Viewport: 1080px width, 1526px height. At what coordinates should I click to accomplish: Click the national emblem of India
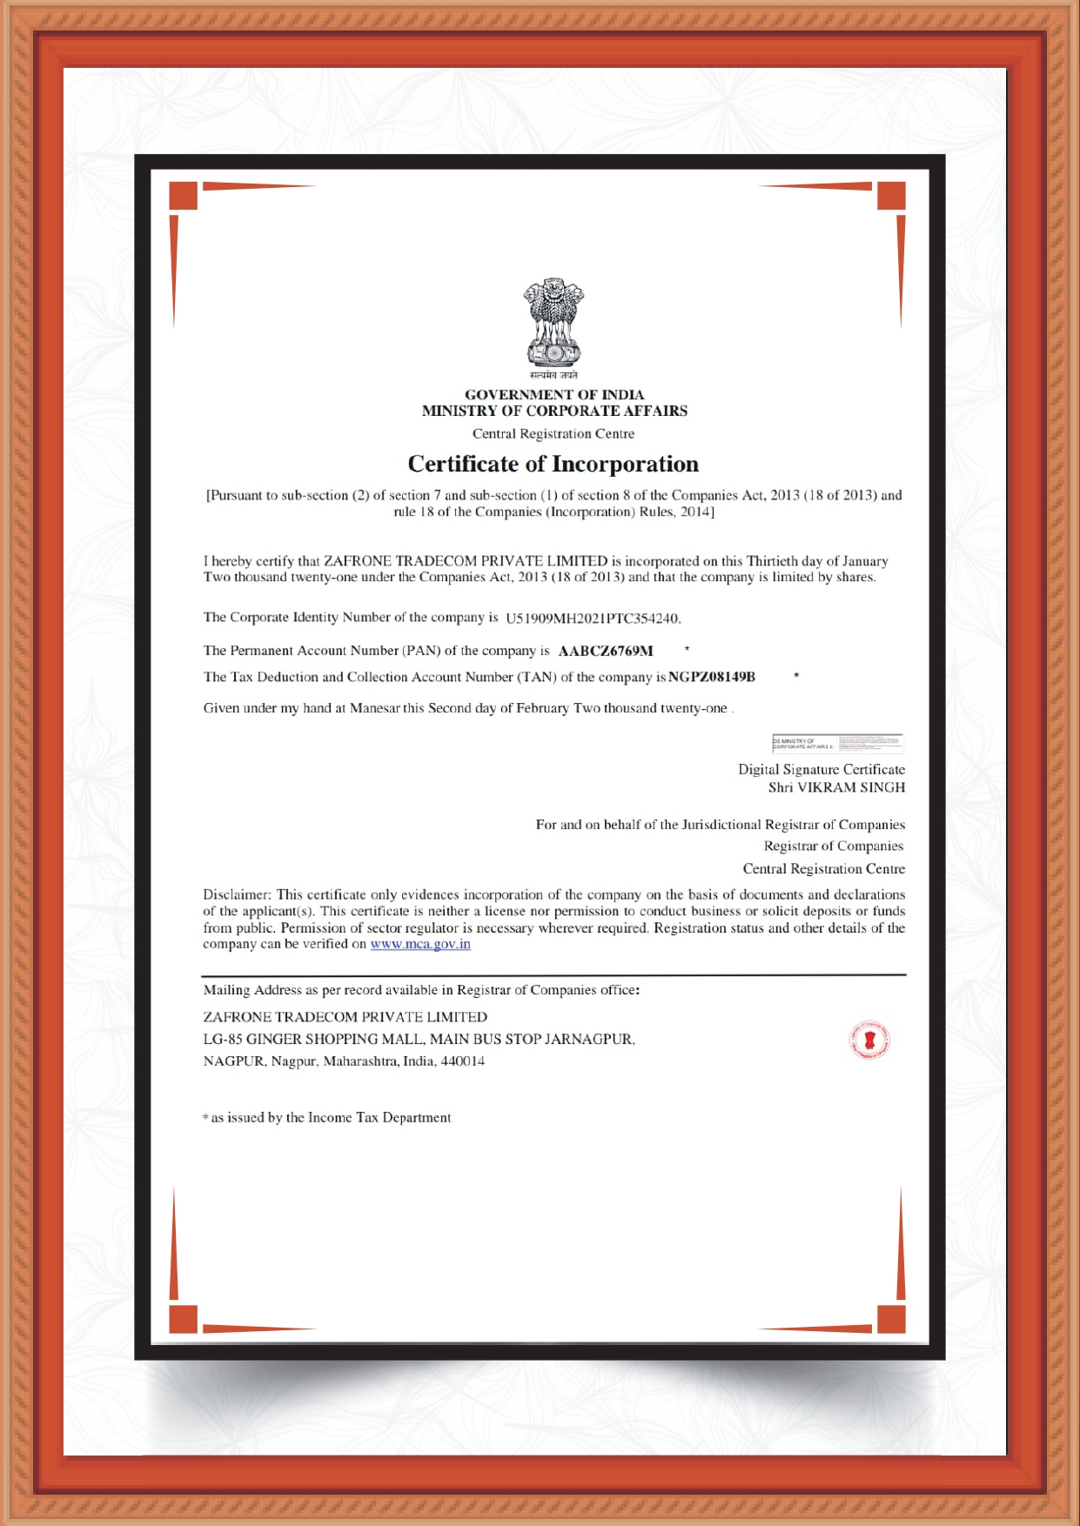click(x=553, y=323)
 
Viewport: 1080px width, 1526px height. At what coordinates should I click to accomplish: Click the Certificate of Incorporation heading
click(x=553, y=464)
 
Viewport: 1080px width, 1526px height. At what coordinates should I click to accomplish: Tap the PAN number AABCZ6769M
click(x=606, y=651)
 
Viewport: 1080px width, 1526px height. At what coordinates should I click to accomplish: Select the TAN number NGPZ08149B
click(x=712, y=677)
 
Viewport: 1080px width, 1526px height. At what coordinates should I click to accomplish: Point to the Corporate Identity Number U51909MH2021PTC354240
click(x=592, y=619)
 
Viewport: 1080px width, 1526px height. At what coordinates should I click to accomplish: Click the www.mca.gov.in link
click(x=420, y=944)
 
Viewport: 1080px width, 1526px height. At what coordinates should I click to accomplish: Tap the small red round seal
click(x=869, y=1041)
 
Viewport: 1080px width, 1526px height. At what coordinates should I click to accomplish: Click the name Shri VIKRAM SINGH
click(x=836, y=787)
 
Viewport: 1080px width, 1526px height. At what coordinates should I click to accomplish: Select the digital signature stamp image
click(x=837, y=744)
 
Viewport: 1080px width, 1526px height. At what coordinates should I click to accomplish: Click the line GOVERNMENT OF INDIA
click(x=554, y=395)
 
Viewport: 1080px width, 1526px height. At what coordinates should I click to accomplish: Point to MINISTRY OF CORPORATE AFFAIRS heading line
click(x=554, y=411)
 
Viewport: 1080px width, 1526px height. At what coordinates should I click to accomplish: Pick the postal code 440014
click(x=462, y=1061)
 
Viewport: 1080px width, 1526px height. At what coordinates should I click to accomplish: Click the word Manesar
click(x=375, y=708)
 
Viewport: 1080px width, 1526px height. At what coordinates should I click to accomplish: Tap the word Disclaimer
click(x=237, y=894)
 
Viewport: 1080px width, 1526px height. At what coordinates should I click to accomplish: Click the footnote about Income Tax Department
click(x=327, y=1118)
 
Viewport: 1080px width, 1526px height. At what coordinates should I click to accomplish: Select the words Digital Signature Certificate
click(x=822, y=769)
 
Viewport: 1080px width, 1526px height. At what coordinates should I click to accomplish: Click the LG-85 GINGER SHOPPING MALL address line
click(x=419, y=1039)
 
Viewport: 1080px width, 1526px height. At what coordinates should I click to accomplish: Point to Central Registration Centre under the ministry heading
click(x=553, y=433)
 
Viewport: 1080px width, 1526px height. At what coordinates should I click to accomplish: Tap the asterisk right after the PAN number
click(x=687, y=649)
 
